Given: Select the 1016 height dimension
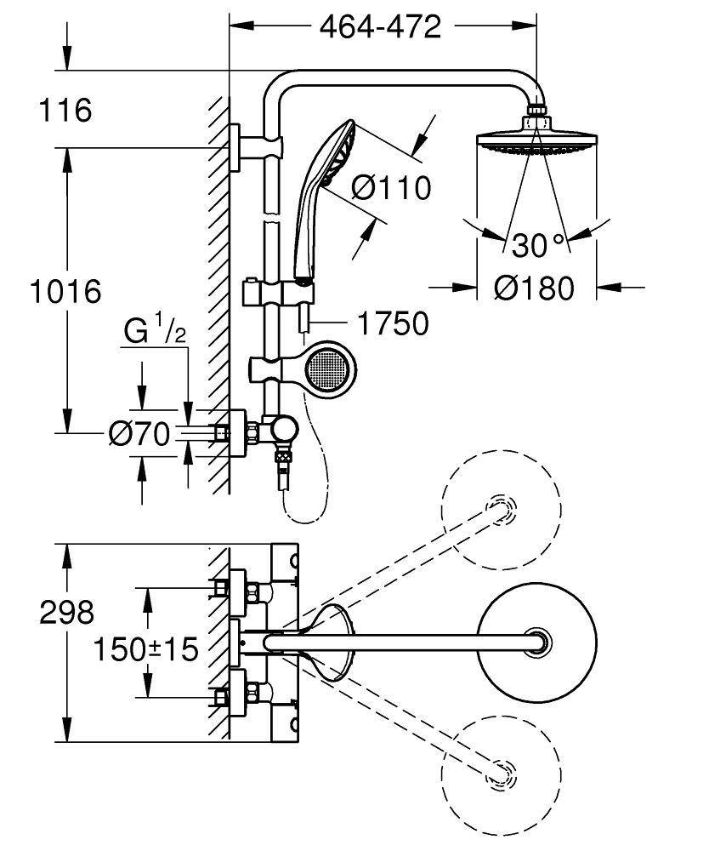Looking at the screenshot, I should tap(65, 292).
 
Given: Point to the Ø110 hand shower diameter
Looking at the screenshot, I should tap(391, 187).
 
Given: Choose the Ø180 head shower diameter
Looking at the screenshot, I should tap(535, 288).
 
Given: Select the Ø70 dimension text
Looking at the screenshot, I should tap(139, 435).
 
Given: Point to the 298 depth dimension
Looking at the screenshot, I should tap(66, 612).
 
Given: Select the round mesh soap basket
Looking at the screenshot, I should tap(326, 368).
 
